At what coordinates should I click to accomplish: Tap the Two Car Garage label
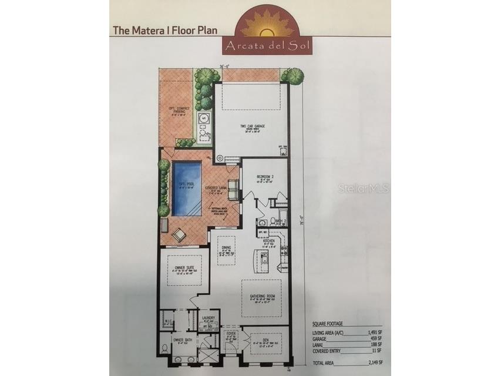[x=251, y=126]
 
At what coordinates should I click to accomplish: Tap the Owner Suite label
[x=184, y=267]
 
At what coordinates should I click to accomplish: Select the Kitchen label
[x=269, y=240]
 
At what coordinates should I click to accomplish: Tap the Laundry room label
[x=209, y=318]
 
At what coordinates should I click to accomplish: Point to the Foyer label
[x=231, y=334]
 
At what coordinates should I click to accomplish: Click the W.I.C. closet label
[x=167, y=321]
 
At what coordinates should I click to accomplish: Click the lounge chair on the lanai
[x=179, y=234]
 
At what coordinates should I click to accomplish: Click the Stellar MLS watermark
[x=366, y=189]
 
